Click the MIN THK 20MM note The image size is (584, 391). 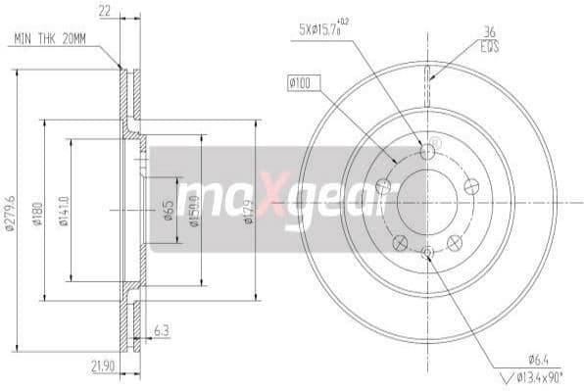click(49, 38)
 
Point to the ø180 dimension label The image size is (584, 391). click(37, 214)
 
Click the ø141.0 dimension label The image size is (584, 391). click(64, 209)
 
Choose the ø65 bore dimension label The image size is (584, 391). click(169, 210)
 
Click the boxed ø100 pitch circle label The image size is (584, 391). click(300, 84)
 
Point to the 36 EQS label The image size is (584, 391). click(490, 38)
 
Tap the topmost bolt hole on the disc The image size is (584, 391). click(427, 152)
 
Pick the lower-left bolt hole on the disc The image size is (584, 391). click(399, 242)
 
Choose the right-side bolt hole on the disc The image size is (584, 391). click(470, 185)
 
